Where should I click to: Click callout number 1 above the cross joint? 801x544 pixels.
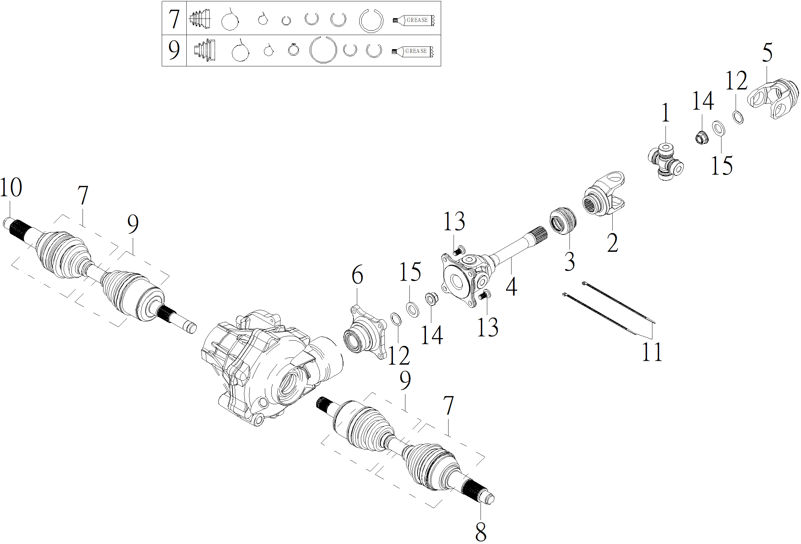pyautogui.click(x=666, y=113)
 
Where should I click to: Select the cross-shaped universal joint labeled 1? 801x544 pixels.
pyautogui.click(x=666, y=162)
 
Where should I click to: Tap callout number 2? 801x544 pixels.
pyautogui.click(x=612, y=243)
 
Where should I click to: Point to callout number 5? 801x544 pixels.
pyautogui.click(x=767, y=53)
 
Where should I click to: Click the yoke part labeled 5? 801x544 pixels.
pyautogui.click(x=773, y=99)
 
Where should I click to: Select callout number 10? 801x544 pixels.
pyautogui.click(x=11, y=188)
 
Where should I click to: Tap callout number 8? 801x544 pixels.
pyautogui.click(x=481, y=532)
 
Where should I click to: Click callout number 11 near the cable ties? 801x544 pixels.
pyautogui.click(x=652, y=352)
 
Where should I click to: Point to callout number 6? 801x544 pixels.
pyautogui.click(x=358, y=275)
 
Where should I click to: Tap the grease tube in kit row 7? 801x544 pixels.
pyautogui.click(x=413, y=20)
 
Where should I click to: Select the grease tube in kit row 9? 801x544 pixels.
pyautogui.click(x=412, y=51)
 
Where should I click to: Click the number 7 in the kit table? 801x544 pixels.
pyautogui.click(x=174, y=19)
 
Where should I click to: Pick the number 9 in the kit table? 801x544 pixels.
pyautogui.click(x=174, y=50)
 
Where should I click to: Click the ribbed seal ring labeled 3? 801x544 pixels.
pyautogui.click(x=562, y=221)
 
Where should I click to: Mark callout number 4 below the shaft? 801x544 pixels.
pyautogui.click(x=512, y=287)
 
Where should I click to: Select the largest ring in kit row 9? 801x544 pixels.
pyautogui.click(x=323, y=50)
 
